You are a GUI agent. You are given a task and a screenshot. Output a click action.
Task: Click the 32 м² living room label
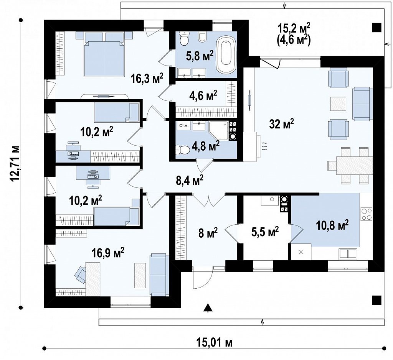(x=281, y=123)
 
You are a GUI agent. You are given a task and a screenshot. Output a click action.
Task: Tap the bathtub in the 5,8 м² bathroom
(x=227, y=54)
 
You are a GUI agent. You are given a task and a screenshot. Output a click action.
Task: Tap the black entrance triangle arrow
(x=208, y=308)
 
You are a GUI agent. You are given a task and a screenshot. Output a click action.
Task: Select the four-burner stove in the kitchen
(x=367, y=214)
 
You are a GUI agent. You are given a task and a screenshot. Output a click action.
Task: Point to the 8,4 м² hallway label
(x=190, y=180)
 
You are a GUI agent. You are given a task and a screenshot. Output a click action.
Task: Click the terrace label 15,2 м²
(x=294, y=28)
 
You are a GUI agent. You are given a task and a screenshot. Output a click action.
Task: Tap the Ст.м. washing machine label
(x=184, y=125)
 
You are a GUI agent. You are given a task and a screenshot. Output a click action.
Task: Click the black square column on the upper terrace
(x=377, y=27)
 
